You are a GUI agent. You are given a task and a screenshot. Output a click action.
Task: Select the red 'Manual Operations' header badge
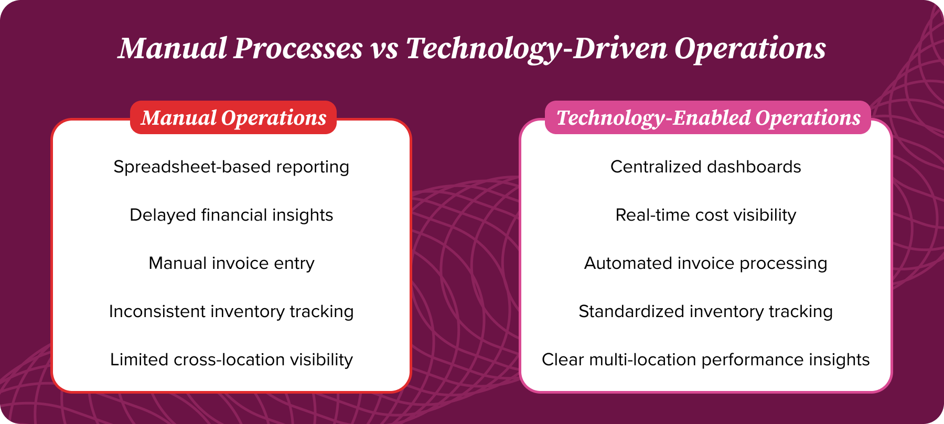233,118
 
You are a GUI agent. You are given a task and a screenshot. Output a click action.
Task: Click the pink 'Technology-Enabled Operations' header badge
708,118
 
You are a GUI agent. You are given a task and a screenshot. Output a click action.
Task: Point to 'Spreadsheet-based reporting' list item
231,167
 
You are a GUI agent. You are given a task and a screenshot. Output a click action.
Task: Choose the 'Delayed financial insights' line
231,215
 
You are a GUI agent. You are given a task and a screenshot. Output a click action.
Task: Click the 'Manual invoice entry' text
231,264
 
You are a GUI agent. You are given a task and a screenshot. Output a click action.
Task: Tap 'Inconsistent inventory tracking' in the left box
231,312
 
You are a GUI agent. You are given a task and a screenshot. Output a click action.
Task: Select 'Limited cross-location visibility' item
231,360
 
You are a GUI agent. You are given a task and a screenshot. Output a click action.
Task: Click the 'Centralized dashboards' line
705,167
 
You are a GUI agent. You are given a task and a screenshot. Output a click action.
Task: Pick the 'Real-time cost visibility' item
705,215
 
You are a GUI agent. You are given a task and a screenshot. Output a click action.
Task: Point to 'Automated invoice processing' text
705,264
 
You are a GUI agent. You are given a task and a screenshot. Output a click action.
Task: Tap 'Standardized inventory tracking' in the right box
705,312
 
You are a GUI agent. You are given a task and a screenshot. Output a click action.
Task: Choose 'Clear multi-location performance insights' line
705,360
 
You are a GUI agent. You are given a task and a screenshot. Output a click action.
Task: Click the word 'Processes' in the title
298,49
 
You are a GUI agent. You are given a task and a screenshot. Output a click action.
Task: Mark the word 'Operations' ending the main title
750,49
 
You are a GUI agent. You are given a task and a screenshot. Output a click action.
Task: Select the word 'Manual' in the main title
173,49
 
